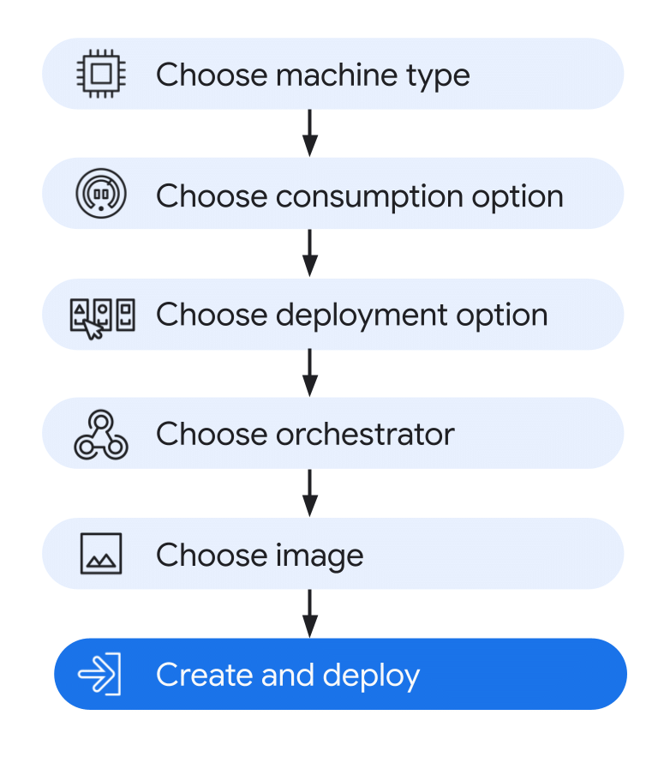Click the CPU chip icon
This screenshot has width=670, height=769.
coord(101,74)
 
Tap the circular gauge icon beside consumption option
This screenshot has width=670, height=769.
coord(101,193)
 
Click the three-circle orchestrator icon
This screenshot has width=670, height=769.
coord(101,435)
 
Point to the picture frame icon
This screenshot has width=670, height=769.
coord(101,553)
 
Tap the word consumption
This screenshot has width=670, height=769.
coord(369,197)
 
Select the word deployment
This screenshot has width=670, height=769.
coord(362,315)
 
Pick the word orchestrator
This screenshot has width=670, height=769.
coord(365,434)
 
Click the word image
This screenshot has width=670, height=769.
coord(320,556)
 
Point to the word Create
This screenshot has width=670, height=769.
coord(204,675)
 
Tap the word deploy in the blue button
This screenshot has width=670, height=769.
coord(371,676)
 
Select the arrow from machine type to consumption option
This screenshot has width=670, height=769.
coord(310,133)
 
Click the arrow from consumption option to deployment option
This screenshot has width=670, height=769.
coord(310,253)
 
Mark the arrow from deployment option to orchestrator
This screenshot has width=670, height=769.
coord(310,373)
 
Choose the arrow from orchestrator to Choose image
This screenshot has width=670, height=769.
coord(310,493)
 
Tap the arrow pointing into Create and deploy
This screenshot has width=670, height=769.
coord(310,614)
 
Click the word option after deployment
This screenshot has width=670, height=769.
coord(502,316)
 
